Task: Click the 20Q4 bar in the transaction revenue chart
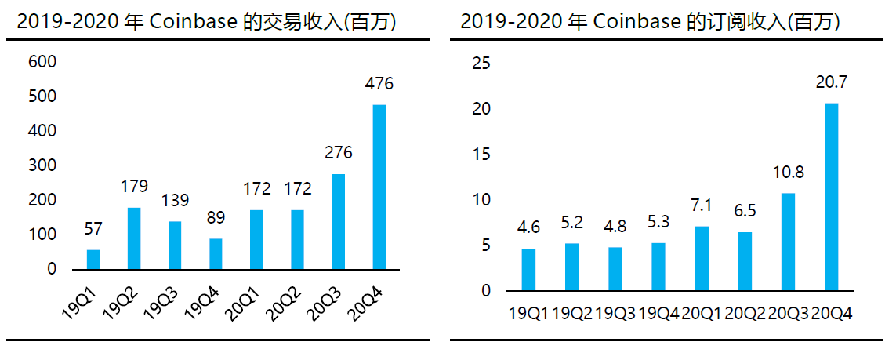pyautogui.click(x=379, y=187)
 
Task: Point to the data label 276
pyautogui.click(x=338, y=153)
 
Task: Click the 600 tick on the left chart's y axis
pyautogui.click(x=42, y=62)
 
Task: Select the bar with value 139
pyautogui.click(x=175, y=245)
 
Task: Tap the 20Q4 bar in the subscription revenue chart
pyautogui.click(x=832, y=197)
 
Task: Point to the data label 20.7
pyautogui.click(x=832, y=82)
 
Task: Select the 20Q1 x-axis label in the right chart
pyautogui.click(x=701, y=314)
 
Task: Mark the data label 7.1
pyautogui.click(x=701, y=206)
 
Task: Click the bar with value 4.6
pyautogui.click(x=529, y=269)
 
